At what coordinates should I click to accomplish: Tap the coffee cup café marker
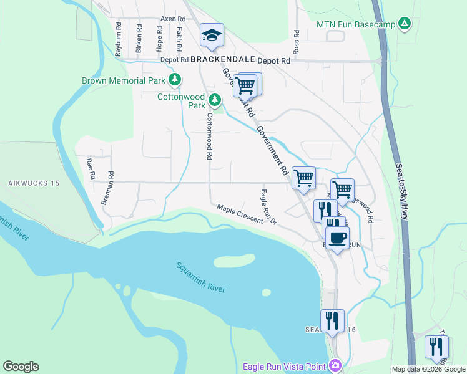(337, 237)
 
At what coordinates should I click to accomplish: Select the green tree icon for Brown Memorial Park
(175, 80)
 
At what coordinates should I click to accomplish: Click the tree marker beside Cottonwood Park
(215, 100)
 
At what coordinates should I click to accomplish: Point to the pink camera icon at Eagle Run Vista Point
(335, 365)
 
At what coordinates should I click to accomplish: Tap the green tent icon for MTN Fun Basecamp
(405, 24)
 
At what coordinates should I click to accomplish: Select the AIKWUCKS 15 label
(33, 183)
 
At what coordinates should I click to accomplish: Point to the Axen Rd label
(174, 19)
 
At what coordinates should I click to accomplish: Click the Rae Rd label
(91, 168)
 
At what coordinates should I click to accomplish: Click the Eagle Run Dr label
(269, 207)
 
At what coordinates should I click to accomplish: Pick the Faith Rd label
(179, 39)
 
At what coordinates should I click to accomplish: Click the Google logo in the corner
(21, 367)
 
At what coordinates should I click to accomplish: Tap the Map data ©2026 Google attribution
(428, 369)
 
